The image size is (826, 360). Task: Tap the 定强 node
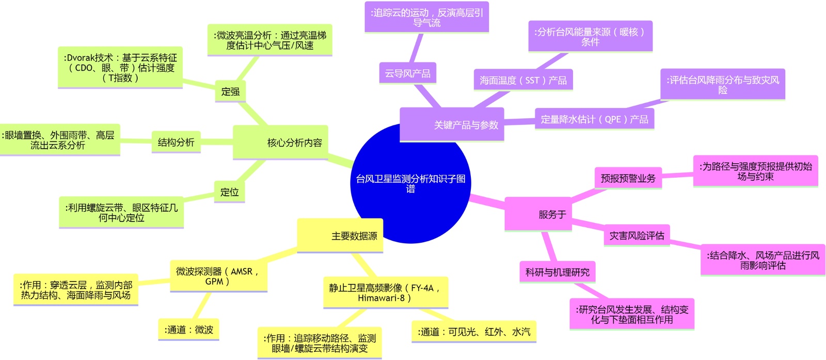tap(230, 91)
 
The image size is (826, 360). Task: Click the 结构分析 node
tap(176, 142)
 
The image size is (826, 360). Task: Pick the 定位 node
tap(229, 192)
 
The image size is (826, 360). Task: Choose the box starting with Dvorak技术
tap(120, 68)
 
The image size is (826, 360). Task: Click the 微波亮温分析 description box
tap(269, 40)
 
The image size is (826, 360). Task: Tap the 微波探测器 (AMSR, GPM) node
tap(218, 276)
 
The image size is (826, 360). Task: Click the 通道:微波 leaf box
tap(188, 330)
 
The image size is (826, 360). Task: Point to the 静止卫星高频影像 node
tap(385, 293)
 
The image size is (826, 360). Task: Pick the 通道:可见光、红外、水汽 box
tap(473, 332)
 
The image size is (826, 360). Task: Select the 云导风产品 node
tap(407, 73)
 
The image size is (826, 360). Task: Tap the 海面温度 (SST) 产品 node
tap(523, 80)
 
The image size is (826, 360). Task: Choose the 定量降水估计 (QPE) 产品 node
tap(594, 119)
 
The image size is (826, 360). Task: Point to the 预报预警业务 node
tap(628, 178)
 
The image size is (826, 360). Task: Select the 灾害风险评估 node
tap(637, 236)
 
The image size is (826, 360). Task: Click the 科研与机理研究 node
tap(557, 272)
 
